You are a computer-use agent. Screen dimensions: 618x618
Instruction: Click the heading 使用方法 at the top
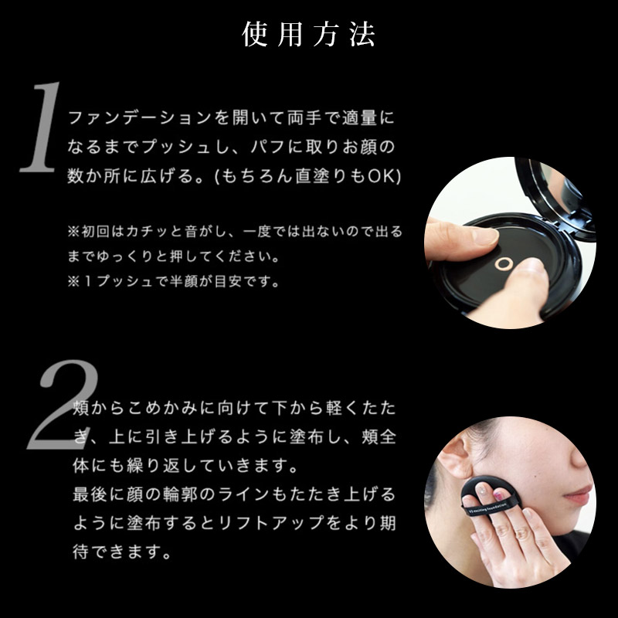(309, 35)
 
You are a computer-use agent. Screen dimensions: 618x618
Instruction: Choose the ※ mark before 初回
(74, 232)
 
